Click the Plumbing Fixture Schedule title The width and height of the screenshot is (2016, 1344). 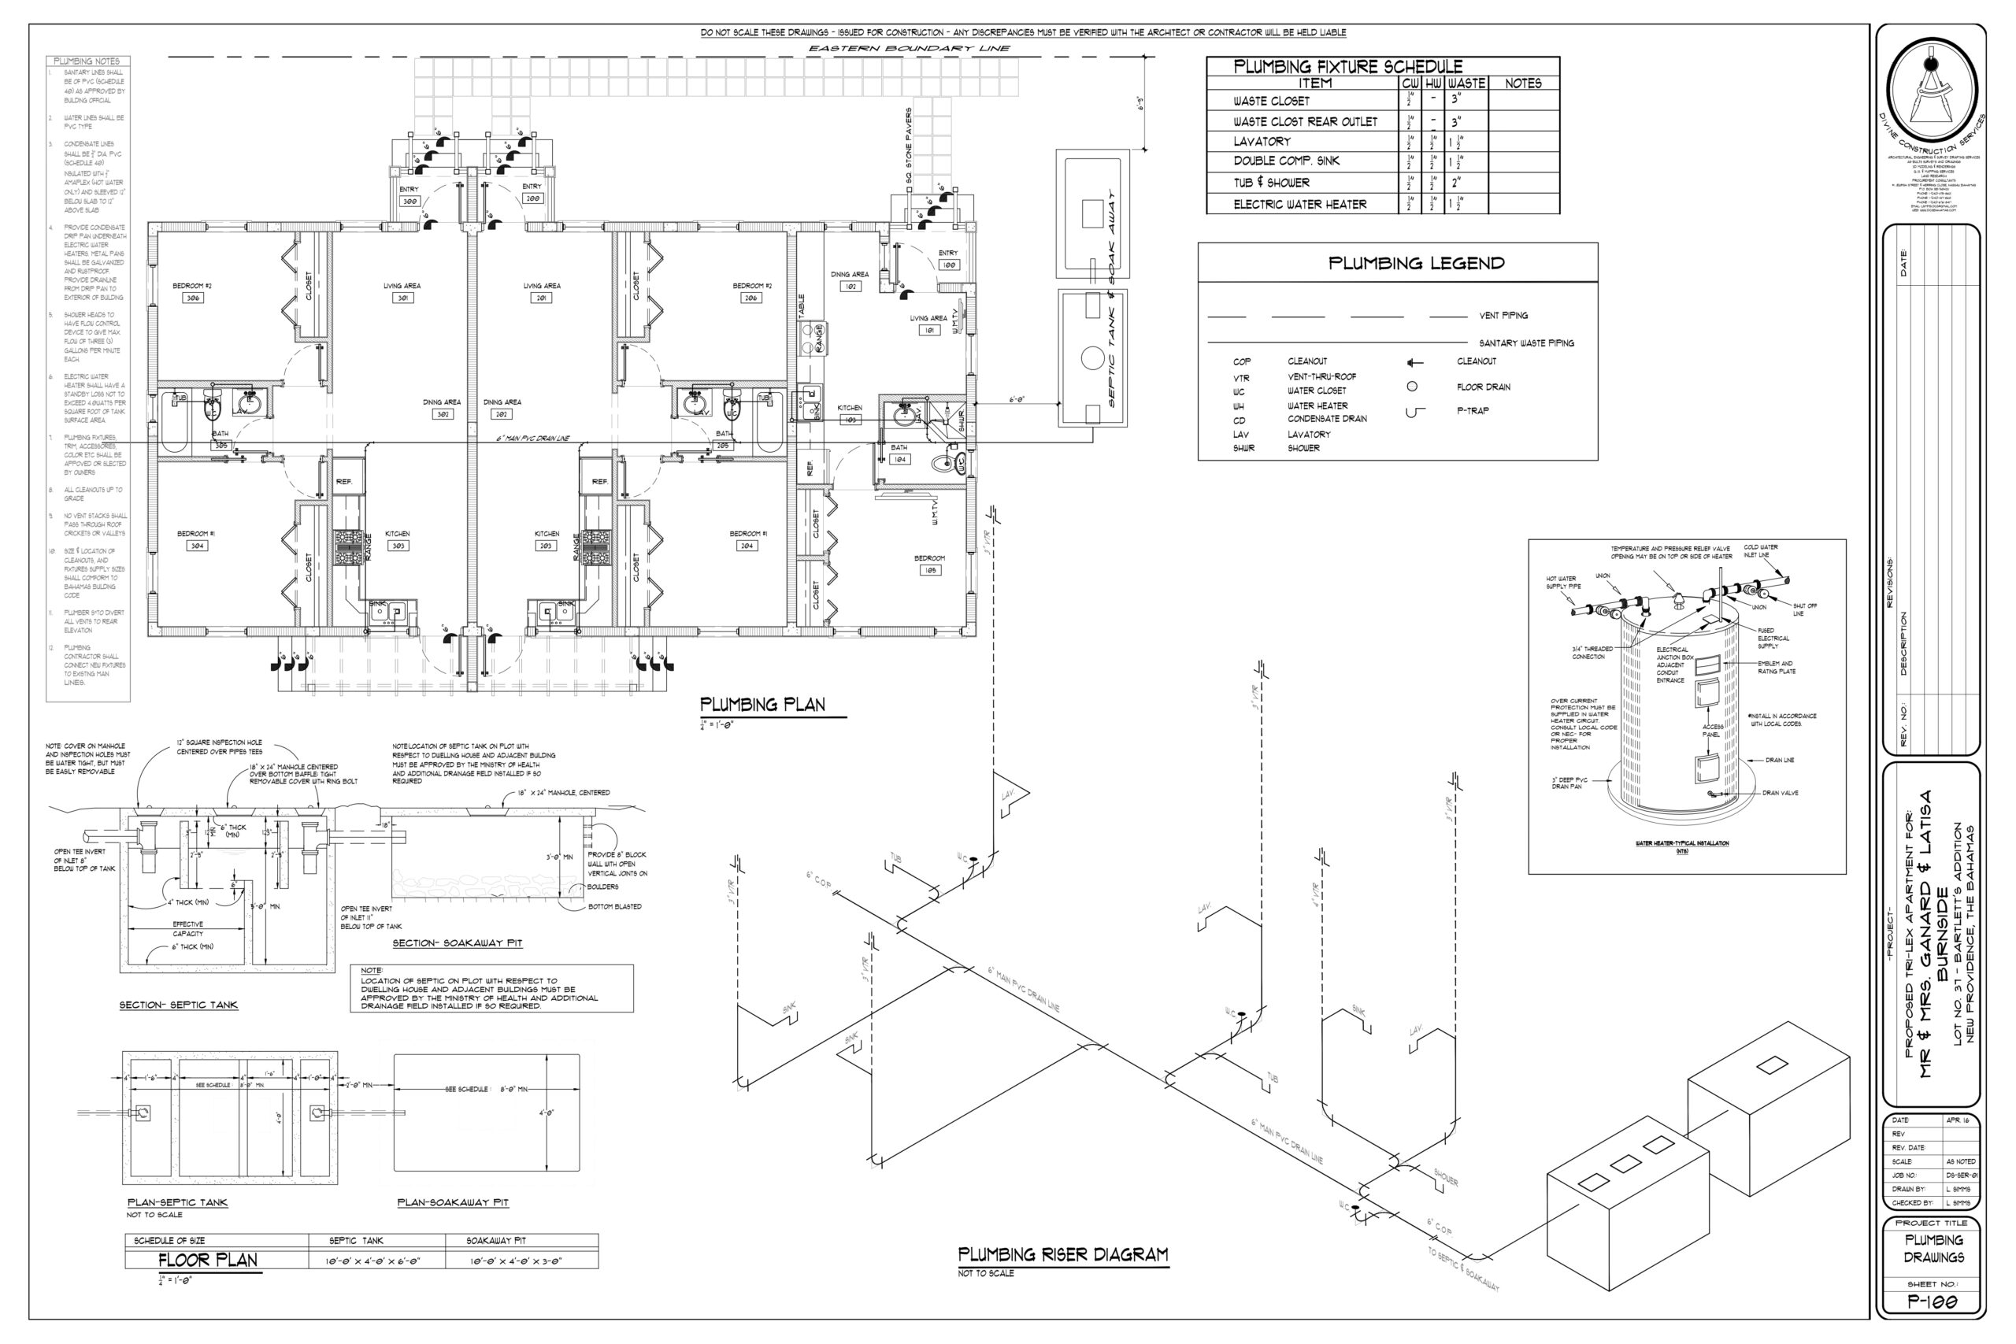tap(1347, 67)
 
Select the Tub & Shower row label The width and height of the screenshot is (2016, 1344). tap(1271, 183)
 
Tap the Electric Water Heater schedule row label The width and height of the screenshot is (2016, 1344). tap(1299, 204)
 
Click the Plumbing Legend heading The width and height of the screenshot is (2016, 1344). tap(1416, 263)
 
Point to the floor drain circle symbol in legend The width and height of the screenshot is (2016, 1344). tap(1412, 387)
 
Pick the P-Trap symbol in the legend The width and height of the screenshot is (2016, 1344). tap(1415, 413)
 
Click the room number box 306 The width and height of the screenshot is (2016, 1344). tap(193, 298)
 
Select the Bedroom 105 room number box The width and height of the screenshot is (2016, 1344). tap(929, 570)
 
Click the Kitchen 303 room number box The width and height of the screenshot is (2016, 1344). tap(397, 546)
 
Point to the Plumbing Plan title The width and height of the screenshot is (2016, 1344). tap(762, 705)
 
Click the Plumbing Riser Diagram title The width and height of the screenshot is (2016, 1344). tap(1063, 1255)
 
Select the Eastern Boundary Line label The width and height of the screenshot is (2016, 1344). tap(909, 49)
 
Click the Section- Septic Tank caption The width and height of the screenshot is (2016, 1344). tap(178, 1005)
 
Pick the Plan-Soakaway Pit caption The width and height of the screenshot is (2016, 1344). tap(453, 1202)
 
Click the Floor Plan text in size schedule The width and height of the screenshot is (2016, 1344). tap(207, 1260)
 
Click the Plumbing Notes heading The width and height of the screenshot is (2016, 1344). tap(87, 61)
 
